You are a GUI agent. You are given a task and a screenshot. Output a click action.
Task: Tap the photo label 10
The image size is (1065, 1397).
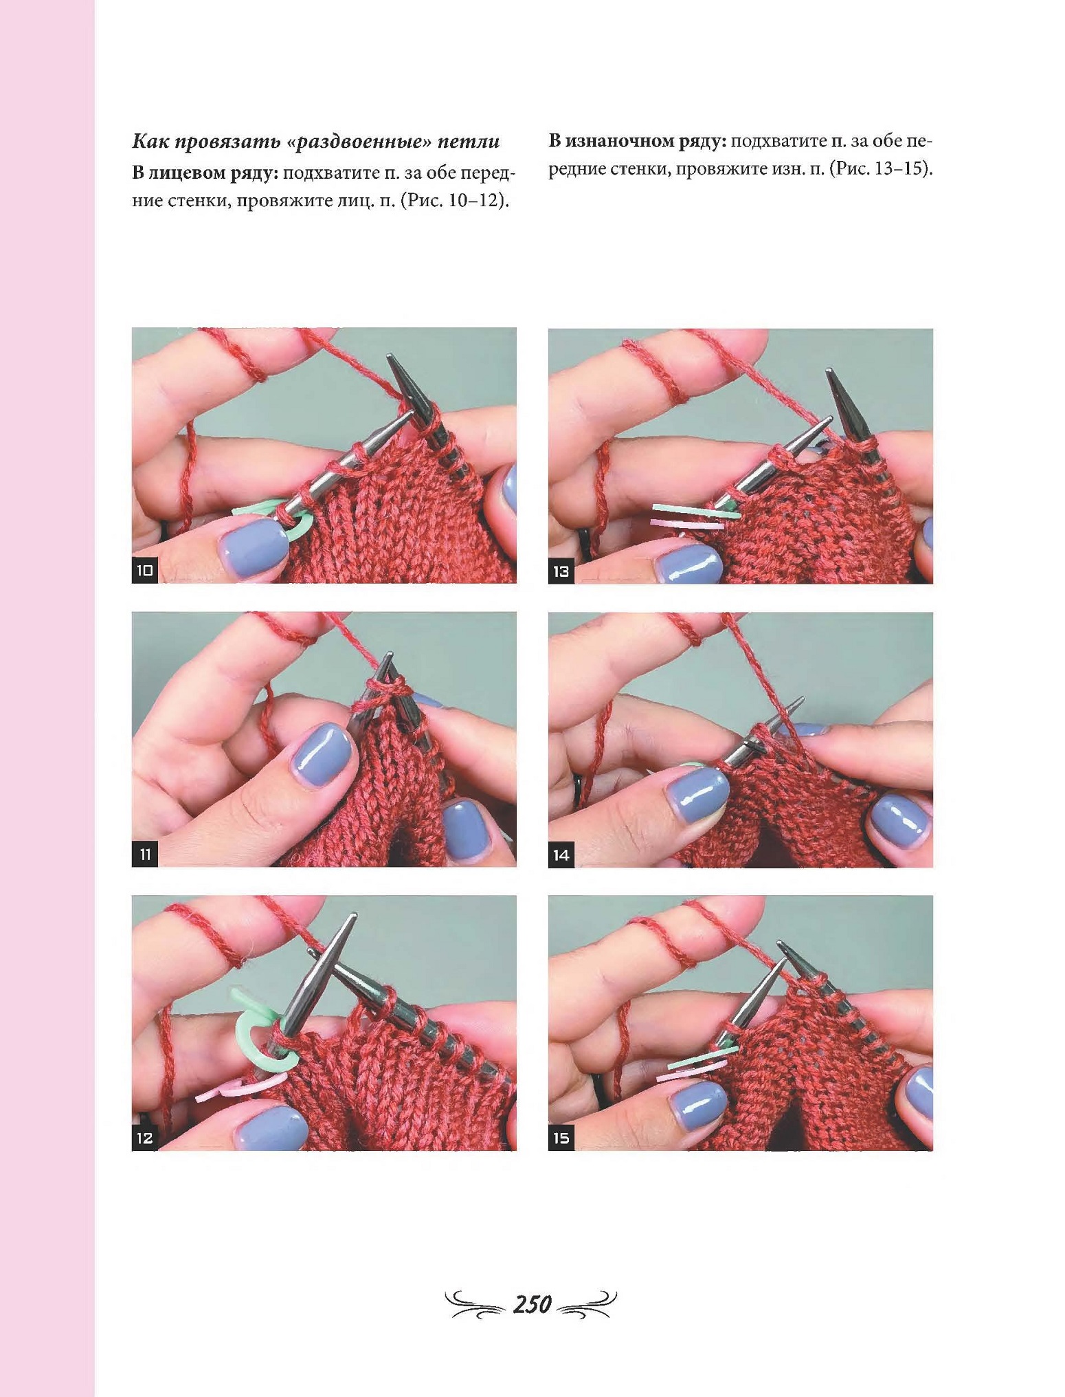[144, 571]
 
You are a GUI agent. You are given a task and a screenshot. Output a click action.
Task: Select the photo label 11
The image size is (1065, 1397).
[144, 855]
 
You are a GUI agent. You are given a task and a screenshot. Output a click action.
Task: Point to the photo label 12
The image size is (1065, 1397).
[144, 1138]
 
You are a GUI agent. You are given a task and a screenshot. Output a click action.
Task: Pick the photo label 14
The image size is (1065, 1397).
[561, 855]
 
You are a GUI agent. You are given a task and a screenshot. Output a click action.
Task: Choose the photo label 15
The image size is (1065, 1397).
[561, 1138]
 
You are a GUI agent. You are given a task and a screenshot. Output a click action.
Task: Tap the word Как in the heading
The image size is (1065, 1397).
[149, 142]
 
